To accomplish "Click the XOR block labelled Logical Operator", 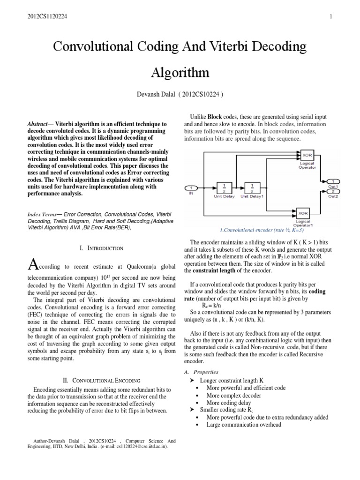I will (307, 155).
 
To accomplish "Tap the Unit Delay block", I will (224, 187).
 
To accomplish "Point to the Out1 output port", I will (333, 181).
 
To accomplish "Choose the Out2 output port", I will (333, 192).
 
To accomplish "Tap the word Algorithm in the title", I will (180, 73).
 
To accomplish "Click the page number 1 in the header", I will (331, 17).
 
